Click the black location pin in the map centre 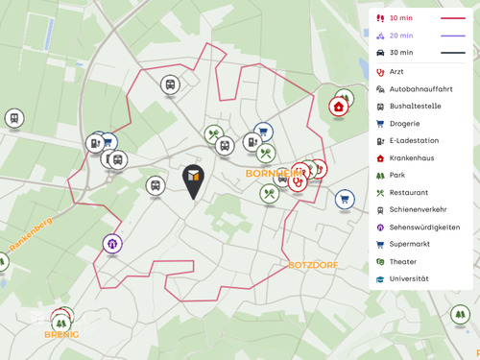193,180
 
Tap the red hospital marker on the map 339,107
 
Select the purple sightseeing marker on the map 112,244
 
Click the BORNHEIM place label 272,174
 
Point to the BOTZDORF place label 308,264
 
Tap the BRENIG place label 60,335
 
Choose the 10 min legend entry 402,18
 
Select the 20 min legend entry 402,36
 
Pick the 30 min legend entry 402,53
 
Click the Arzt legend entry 397,71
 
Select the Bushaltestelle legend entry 417,106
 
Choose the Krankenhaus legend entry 412,157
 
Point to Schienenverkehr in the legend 419,209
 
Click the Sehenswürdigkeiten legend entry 424,227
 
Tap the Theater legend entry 403,261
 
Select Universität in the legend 409,278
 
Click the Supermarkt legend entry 410,244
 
